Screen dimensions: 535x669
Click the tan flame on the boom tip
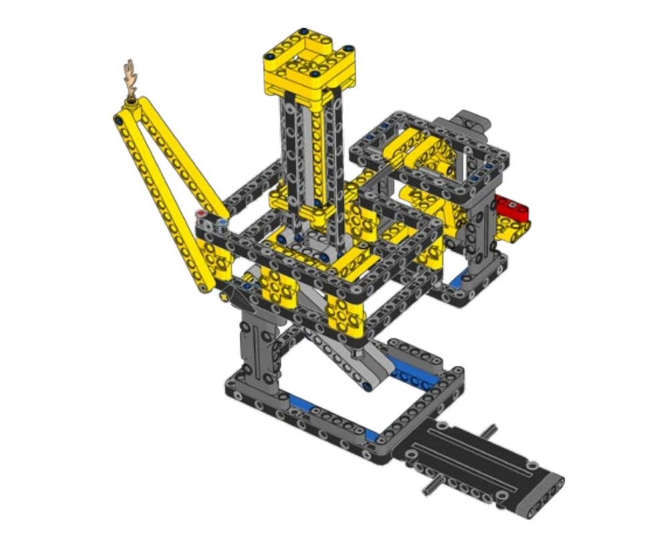(x=131, y=79)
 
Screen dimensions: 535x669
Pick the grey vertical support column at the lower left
(x=258, y=348)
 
